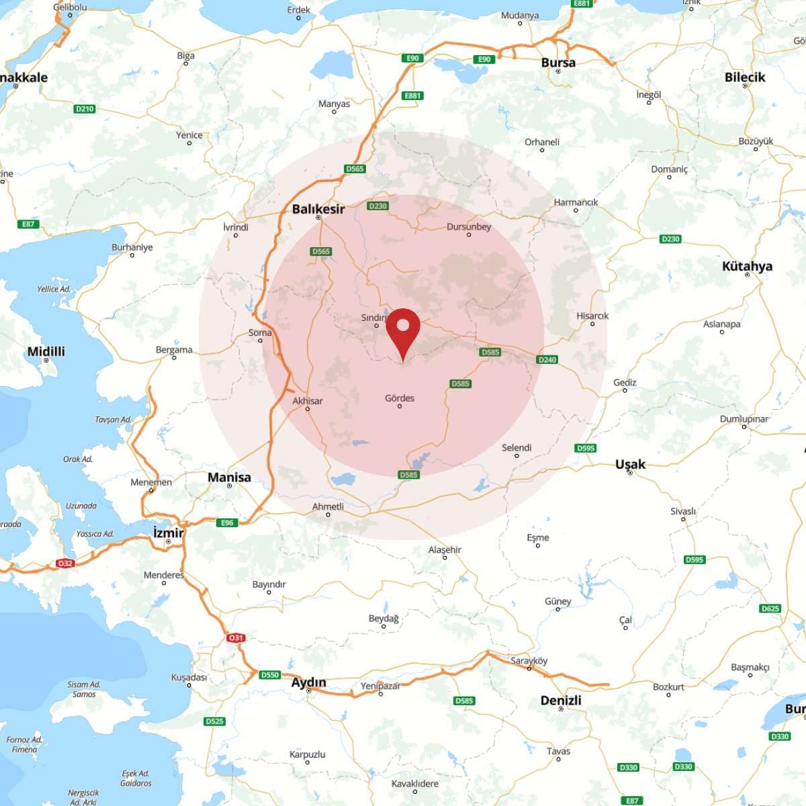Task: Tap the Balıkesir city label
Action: (x=318, y=209)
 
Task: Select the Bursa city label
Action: (x=558, y=62)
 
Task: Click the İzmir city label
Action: (x=168, y=533)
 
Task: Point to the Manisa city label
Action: (x=229, y=478)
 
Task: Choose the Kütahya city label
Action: (x=747, y=266)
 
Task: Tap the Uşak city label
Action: (x=630, y=464)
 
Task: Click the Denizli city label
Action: (x=561, y=701)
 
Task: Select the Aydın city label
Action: (x=308, y=682)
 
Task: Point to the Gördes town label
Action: (x=400, y=398)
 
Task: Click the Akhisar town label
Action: (x=308, y=401)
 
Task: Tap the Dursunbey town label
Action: (x=469, y=227)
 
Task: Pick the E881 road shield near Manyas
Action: (x=412, y=95)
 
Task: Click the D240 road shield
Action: (x=547, y=359)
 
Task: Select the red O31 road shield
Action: (x=235, y=637)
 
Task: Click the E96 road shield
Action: (x=227, y=523)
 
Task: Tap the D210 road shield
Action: (x=85, y=109)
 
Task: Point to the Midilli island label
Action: (x=46, y=351)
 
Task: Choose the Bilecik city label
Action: (x=745, y=77)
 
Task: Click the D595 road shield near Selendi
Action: (x=586, y=448)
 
